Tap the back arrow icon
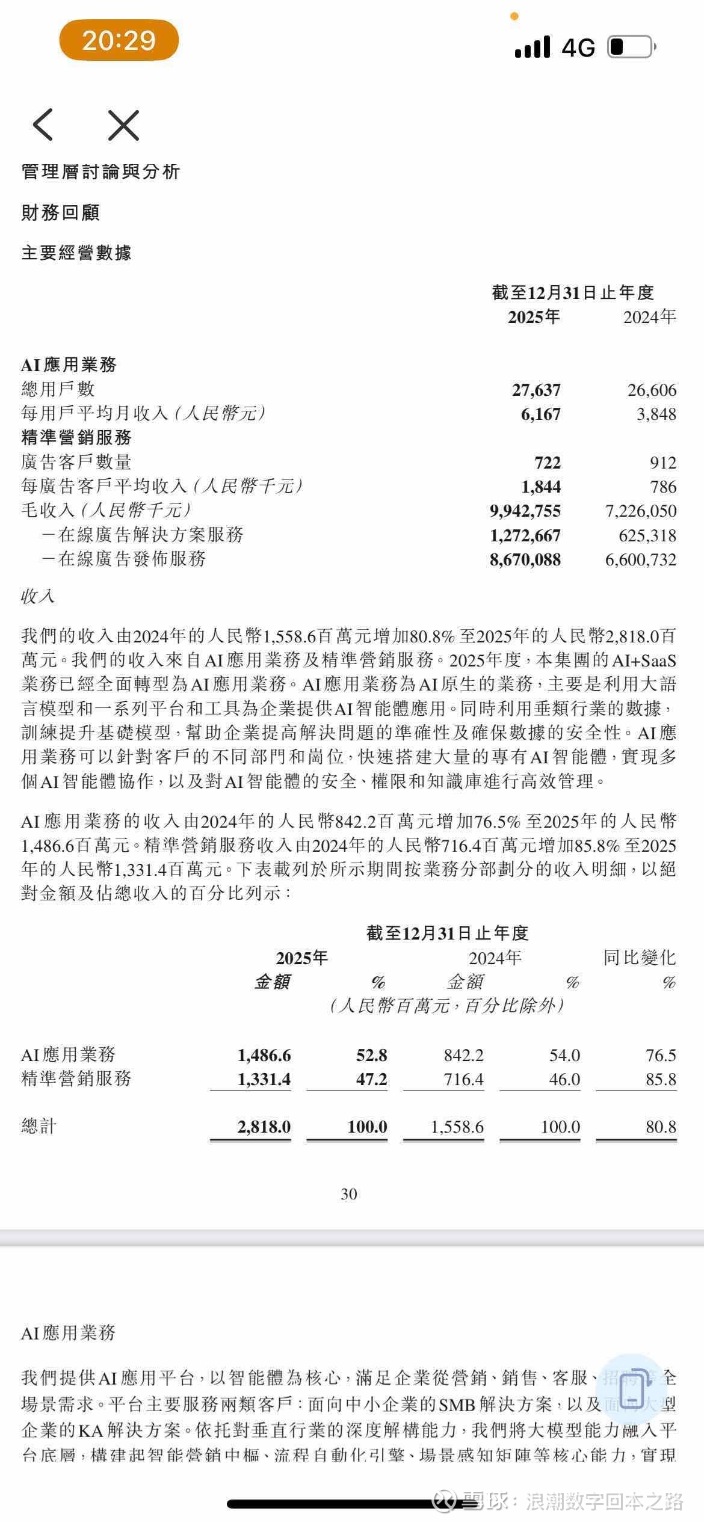pyautogui.click(x=43, y=125)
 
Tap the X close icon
pyautogui.click(x=123, y=125)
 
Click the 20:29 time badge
pyautogui.click(x=119, y=40)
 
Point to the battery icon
pyautogui.click(x=631, y=47)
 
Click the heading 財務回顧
pyautogui.click(x=60, y=212)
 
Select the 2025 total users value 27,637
pyautogui.click(x=536, y=390)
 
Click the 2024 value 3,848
pyautogui.click(x=656, y=414)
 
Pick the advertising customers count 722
pyautogui.click(x=547, y=463)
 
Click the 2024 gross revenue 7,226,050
pyautogui.click(x=640, y=511)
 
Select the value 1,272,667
pyautogui.click(x=525, y=535)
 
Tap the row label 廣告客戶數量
pyautogui.click(x=76, y=462)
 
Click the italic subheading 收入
pyautogui.click(x=37, y=596)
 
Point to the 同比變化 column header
pyautogui.click(x=639, y=958)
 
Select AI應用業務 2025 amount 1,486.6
pyautogui.click(x=264, y=1056)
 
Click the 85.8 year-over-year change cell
pyautogui.click(x=661, y=1080)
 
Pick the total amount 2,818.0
pyautogui.click(x=264, y=1127)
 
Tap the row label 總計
pyautogui.click(x=39, y=1127)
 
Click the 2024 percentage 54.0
pyautogui.click(x=564, y=1056)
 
